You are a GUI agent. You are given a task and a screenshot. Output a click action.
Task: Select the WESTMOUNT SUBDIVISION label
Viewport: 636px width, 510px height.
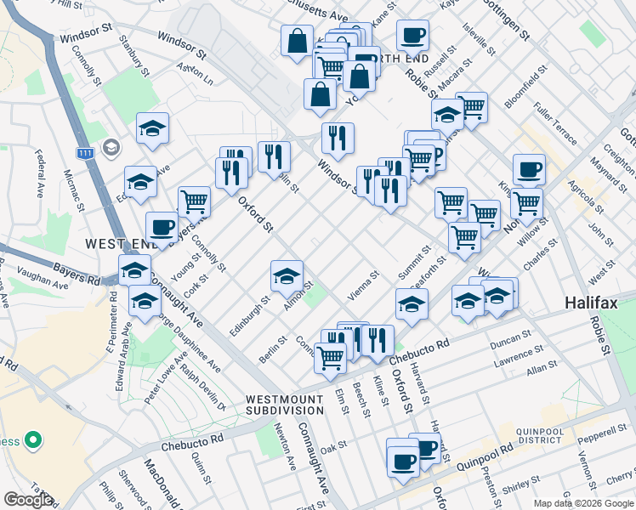coord(284,405)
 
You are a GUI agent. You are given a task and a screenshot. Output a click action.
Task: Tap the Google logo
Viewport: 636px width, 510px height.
coord(27,500)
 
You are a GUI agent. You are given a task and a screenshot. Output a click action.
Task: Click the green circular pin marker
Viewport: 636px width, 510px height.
coord(32,441)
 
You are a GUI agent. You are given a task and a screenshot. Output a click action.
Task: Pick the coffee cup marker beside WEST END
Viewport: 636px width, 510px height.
coord(162,227)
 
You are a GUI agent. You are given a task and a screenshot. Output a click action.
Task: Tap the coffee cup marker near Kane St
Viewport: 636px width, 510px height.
coord(412,35)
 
